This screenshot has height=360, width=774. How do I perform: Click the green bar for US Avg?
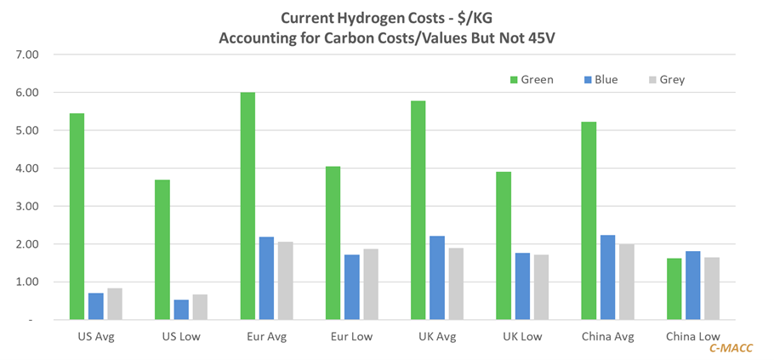coord(77,216)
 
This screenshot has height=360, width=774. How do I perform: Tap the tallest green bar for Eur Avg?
coord(248,205)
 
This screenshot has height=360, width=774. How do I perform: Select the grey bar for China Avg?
coord(625,281)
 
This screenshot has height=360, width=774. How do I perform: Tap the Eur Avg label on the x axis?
coord(267,336)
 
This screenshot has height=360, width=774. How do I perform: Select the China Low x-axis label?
coord(692,336)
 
